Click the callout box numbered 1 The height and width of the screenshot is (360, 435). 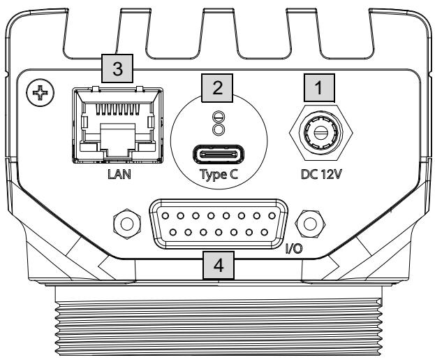click(x=319, y=88)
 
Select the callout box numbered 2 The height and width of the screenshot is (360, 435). click(x=217, y=88)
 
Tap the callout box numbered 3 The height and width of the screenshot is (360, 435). click(x=117, y=69)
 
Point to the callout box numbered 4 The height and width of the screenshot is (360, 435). click(x=219, y=266)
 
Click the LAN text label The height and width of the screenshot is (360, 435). click(x=119, y=174)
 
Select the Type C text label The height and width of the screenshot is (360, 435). click(x=219, y=175)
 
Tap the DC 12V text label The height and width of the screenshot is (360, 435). click(x=321, y=174)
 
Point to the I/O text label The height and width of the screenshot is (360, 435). click(x=294, y=249)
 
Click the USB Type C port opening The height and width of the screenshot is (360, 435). click(x=219, y=154)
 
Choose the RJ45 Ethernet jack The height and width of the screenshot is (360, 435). click(x=117, y=125)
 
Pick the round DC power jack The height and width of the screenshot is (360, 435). click(x=321, y=133)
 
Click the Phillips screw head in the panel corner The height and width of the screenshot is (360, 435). click(x=40, y=92)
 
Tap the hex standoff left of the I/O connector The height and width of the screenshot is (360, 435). click(x=127, y=224)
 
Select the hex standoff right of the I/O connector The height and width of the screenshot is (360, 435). click(x=311, y=224)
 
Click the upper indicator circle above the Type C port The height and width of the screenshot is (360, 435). click(x=218, y=117)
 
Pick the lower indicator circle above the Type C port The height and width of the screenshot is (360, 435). click(x=218, y=129)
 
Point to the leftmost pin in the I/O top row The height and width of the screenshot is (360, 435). click(x=165, y=215)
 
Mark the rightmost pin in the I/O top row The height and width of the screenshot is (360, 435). click(x=272, y=215)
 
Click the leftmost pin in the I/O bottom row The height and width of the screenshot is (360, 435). click(x=173, y=232)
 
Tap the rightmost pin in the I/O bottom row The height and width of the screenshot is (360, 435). click(x=265, y=232)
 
